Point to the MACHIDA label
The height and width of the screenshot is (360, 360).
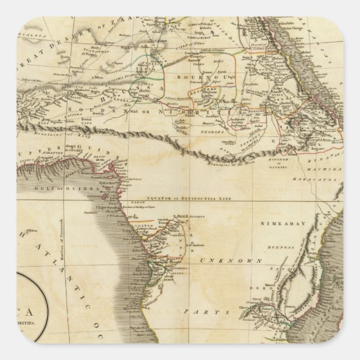pos(329,169)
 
